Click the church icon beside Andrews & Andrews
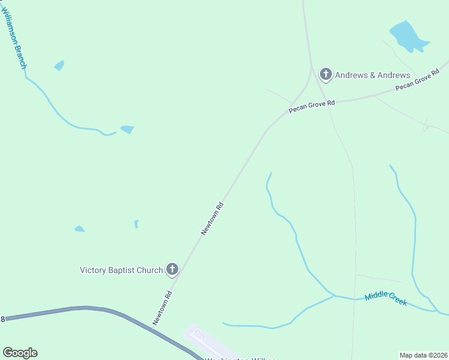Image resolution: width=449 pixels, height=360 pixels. [x=325, y=74]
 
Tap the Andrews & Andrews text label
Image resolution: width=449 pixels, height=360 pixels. [x=372, y=75]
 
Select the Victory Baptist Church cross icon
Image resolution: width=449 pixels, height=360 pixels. [x=172, y=269]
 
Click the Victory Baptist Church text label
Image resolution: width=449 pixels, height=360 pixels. [x=121, y=270]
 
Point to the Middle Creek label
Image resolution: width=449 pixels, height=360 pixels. [x=386, y=298]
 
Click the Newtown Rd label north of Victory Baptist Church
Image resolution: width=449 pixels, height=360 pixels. [x=212, y=218]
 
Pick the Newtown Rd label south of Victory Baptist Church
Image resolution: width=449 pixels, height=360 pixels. [x=163, y=308]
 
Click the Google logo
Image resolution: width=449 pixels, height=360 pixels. [x=20, y=353]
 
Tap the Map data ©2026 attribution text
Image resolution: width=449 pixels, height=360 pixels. [x=424, y=355]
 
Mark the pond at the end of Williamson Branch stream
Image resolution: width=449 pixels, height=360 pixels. [x=127, y=129]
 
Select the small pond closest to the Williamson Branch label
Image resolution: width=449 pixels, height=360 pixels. [x=59, y=65]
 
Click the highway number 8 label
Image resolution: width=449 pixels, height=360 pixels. [x=2, y=319]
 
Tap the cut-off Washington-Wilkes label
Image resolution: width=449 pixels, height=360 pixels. [x=240, y=358]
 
